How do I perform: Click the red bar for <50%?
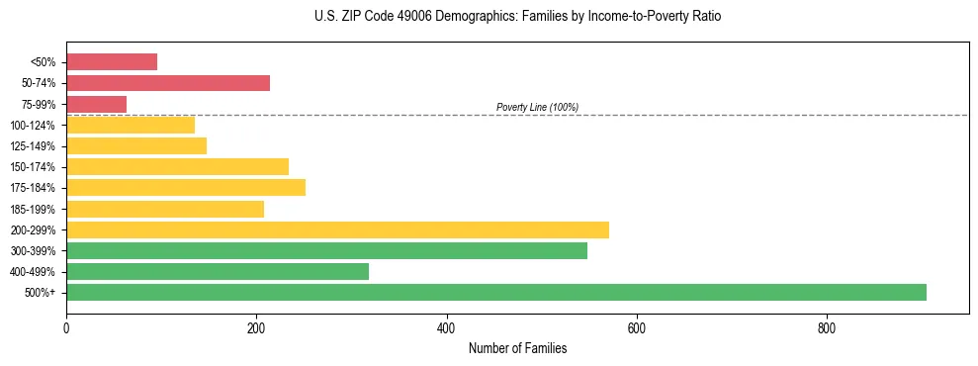(x=112, y=62)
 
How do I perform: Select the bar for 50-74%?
(x=168, y=83)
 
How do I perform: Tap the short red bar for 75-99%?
(x=96, y=104)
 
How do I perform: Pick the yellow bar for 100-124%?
(x=131, y=125)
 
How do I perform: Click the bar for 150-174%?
(x=177, y=166)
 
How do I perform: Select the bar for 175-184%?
(x=186, y=187)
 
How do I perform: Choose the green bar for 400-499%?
(x=218, y=271)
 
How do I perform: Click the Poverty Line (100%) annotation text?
(x=537, y=107)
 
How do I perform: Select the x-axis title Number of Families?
(x=517, y=348)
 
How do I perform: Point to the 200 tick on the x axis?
(x=256, y=327)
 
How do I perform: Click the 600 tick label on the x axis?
(x=637, y=327)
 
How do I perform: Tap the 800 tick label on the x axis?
(x=827, y=327)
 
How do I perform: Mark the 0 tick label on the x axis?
(x=66, y=327)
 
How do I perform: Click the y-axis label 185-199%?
(x=33, y=209)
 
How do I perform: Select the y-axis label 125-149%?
(x=33, y=146)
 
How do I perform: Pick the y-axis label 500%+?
(x=41, y=293)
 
